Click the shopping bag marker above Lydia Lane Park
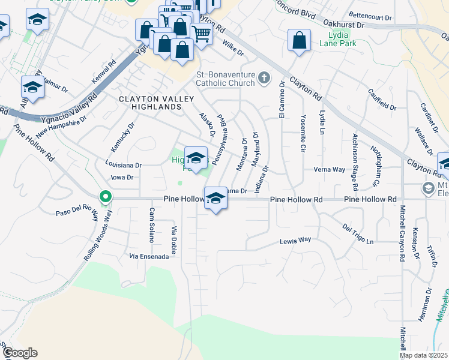tap(299, 41)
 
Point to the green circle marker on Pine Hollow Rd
tap(105, 196)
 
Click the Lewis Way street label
tap(295, 240)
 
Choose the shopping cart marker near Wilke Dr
tap(200, 35)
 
